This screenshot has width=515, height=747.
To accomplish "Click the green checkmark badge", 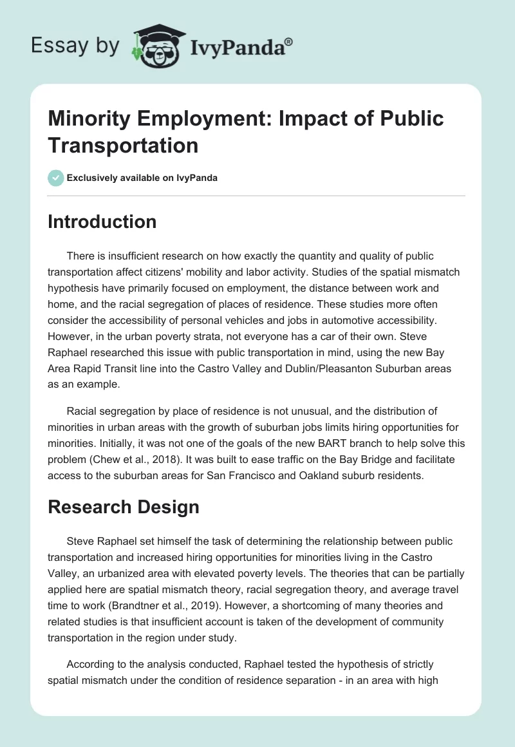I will coord(56,178).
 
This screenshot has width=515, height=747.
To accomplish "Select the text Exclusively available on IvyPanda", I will coord(142,178).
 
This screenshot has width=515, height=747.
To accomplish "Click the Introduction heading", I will coord(102,222).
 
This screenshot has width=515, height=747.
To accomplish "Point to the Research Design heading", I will coord(123,507).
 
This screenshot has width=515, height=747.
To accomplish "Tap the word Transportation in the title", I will coord(123,145).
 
